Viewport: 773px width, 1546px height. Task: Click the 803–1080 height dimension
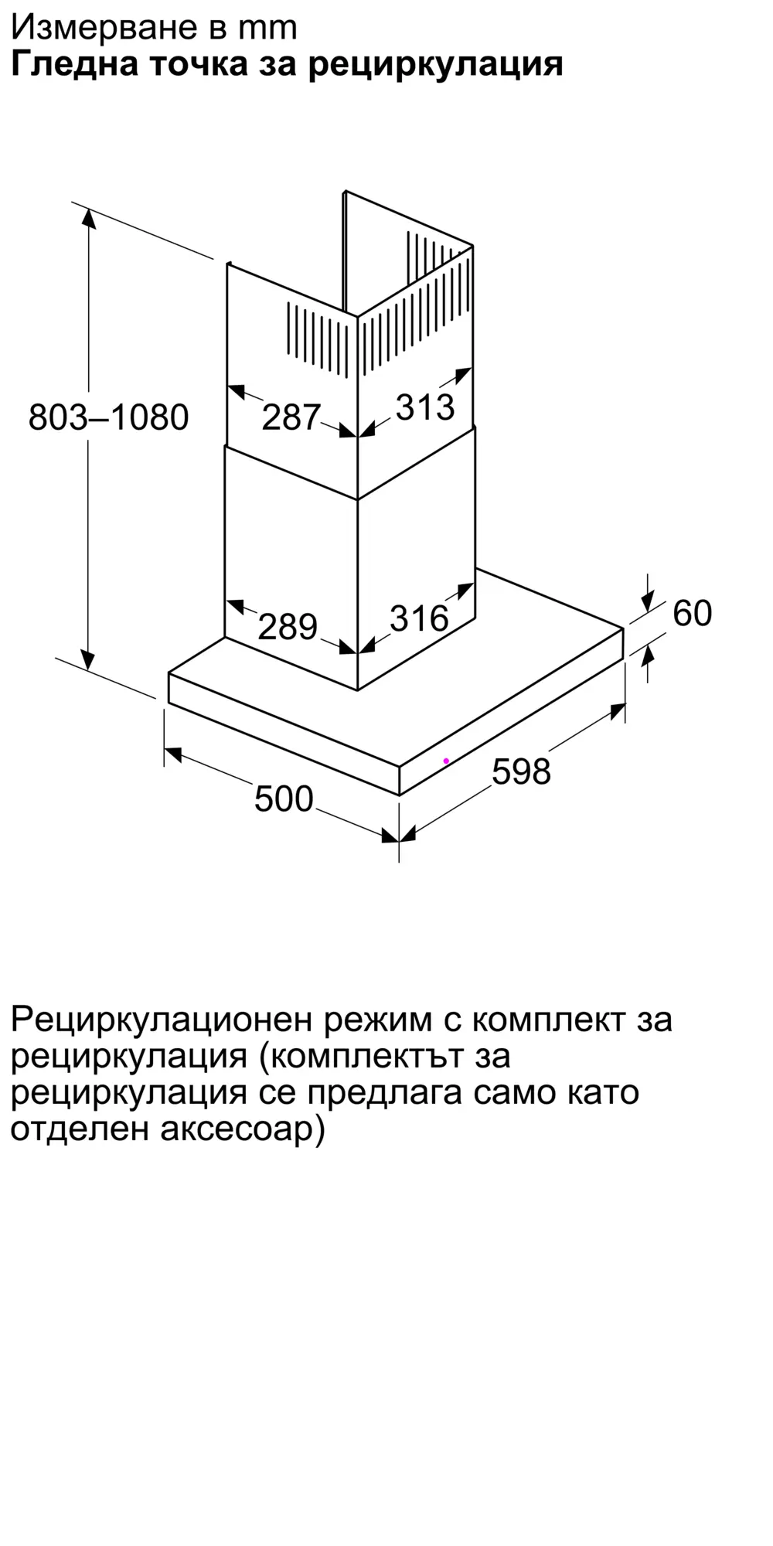109,417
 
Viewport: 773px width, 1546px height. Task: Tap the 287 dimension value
291,417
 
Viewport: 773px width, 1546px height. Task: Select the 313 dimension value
425,407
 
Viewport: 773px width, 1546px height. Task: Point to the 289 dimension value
288,626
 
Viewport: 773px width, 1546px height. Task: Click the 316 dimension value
419,618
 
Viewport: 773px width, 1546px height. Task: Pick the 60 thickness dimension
692,613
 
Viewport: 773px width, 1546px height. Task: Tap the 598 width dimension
521,771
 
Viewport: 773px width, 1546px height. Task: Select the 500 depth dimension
284,799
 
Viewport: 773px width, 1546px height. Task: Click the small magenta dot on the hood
446,761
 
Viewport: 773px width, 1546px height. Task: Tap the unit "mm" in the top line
267,28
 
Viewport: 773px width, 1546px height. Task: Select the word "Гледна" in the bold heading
74,65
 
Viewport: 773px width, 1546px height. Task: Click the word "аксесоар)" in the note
243,1130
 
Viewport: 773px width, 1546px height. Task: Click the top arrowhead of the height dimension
89,218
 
